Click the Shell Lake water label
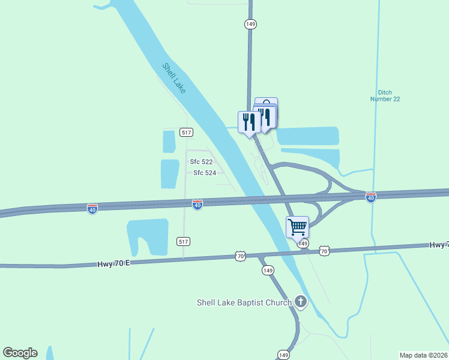click(174, 78)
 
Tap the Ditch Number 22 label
click(385, 95)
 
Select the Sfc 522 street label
click(201, 162)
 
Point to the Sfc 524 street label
click(204, 173)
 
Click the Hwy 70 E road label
click(113, 263)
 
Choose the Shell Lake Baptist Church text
click(244, 302)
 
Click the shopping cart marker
click(297, 227)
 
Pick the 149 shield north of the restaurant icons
click(250, 24)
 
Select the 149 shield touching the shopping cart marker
click(303, 243)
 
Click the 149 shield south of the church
click(284, 355)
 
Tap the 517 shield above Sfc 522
click(185, 132)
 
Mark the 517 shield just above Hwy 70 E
click(184, 241)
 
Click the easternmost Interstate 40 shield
click(371, 197)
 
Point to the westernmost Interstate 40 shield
click(92, 208)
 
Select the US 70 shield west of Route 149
click(240, 257)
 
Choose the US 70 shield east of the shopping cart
click(324, 250)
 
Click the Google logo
click(20, 353)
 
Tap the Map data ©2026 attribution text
click(423, 355)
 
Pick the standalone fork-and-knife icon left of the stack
click(249, 122)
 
